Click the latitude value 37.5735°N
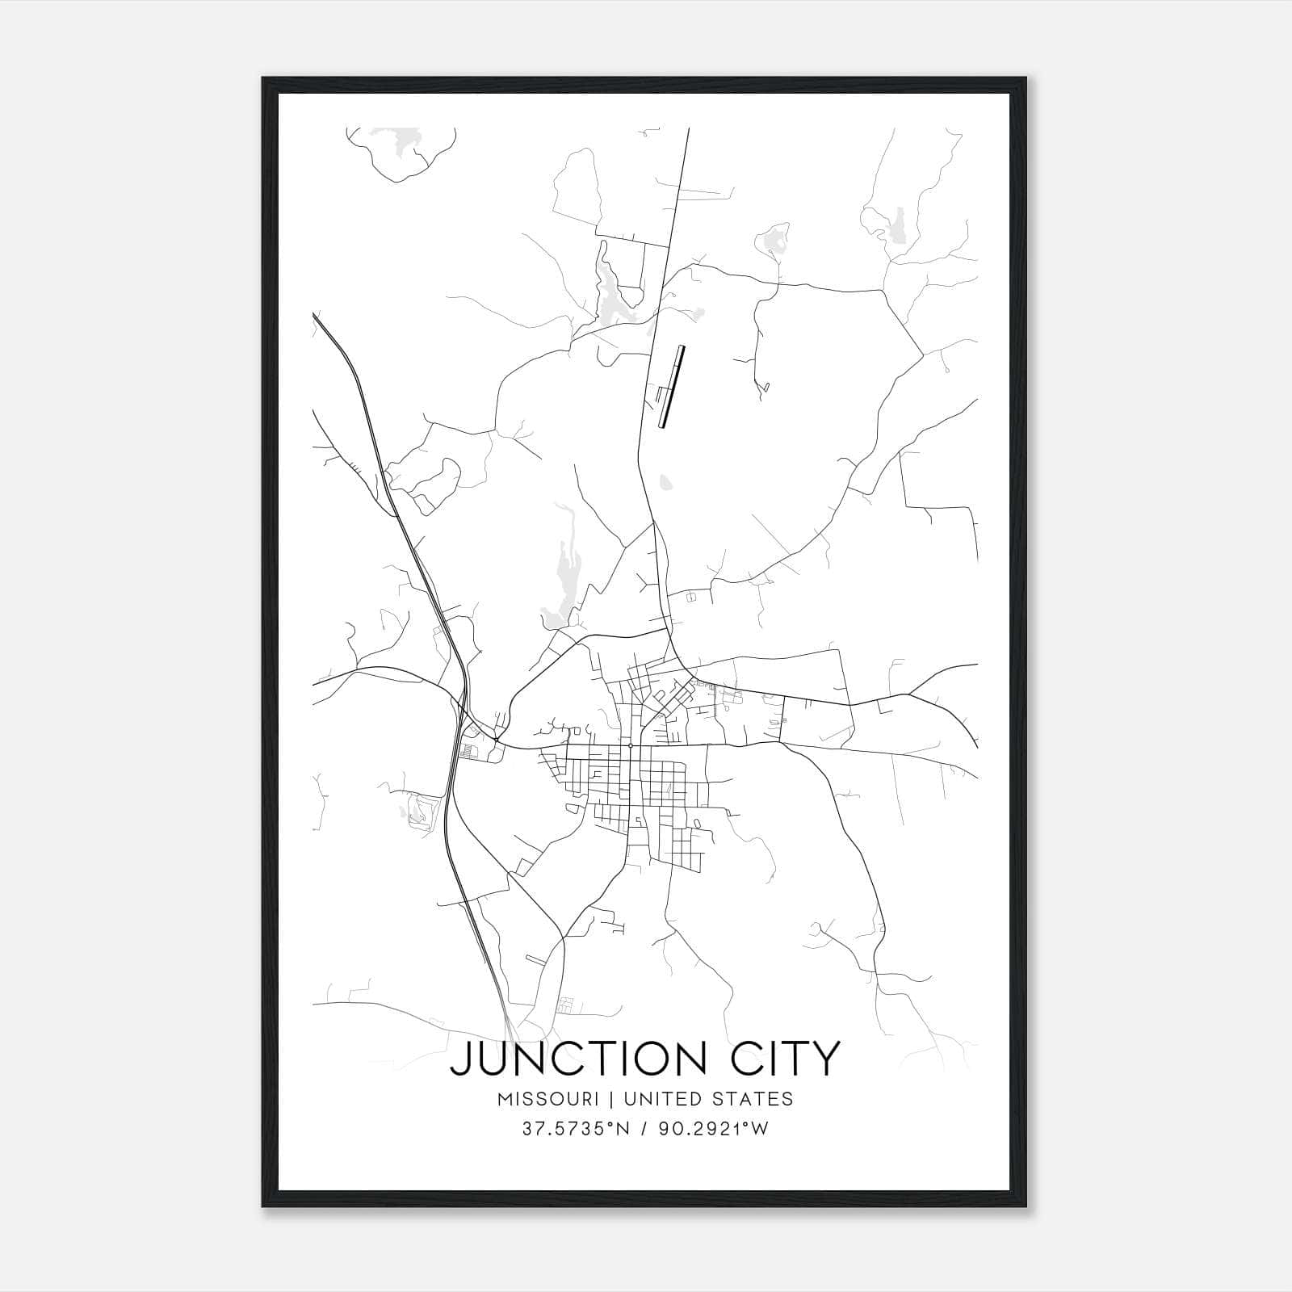573,1129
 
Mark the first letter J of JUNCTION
459,1059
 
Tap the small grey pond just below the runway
665,483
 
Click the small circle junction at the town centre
630,745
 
